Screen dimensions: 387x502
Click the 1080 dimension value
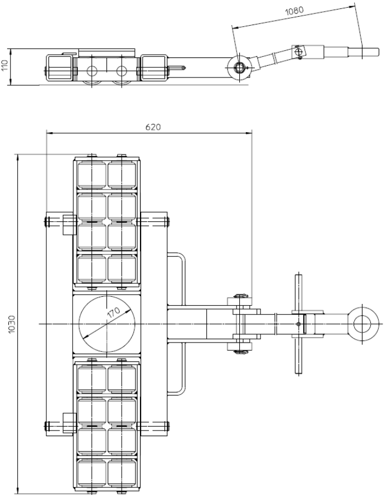(294, 11)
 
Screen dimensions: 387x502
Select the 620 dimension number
(153, 127)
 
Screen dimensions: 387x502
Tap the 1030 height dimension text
(12, 324)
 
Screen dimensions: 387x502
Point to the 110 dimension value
(4, 65)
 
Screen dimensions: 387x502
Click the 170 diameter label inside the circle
(114, 312)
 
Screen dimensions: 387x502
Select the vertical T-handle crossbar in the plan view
(298, 324)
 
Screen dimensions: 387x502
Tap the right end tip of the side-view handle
(379, 51)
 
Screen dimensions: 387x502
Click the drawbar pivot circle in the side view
(239, 67)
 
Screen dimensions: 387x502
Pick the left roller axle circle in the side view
(91, 70)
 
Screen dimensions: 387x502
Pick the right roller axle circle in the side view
(122, 70)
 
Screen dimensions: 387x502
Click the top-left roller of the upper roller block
(91, 175)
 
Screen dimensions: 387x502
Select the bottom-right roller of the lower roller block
(122, 473)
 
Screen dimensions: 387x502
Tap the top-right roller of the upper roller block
(122, 175)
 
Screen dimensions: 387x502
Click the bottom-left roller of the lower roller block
(91, 473)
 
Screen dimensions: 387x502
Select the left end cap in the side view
(60, 67)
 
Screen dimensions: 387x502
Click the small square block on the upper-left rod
(70, 225)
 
